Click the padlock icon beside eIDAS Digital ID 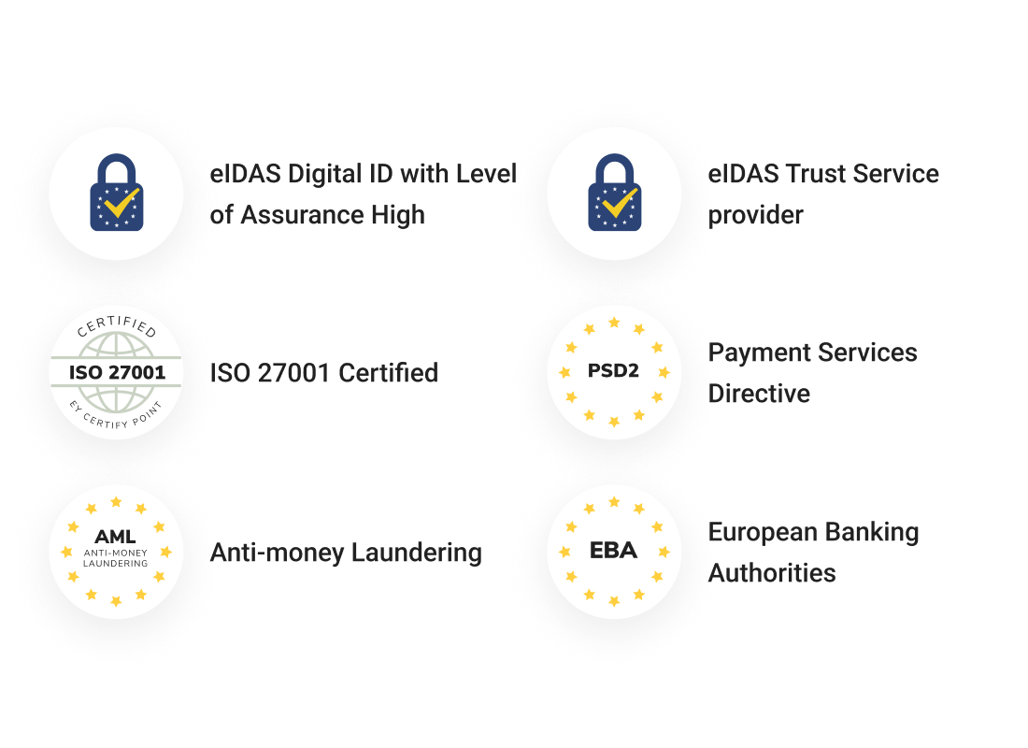point(117,193)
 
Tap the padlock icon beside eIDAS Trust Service point(615,193)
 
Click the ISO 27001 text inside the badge point(117,373)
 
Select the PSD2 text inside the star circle point(613,370)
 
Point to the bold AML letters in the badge point(115,537)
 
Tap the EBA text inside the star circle point(614,550)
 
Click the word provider point(755,216)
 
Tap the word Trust point(816,174)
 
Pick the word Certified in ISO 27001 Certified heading point(388,373)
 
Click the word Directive point(759,394)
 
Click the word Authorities point(772,573)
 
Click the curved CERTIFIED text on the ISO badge point(117,324)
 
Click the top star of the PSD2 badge point(614,323)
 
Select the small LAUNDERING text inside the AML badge point(115,564)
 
